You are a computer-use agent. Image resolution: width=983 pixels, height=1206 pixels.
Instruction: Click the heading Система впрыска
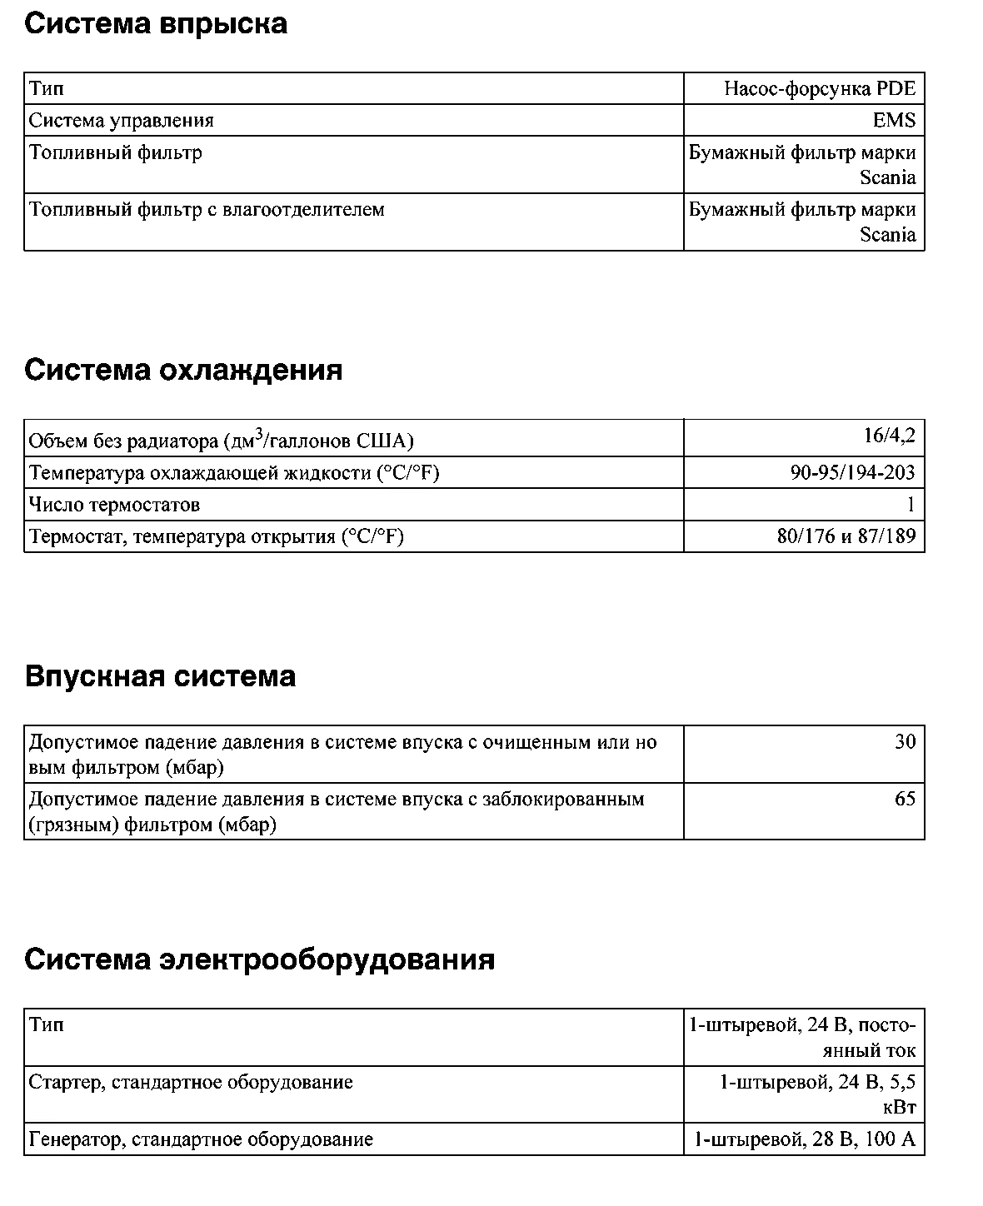click(156, 23)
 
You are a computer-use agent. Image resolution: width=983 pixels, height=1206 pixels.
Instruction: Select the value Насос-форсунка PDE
click(820, 89)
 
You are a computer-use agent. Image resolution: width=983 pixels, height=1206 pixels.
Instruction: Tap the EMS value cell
click(894, 121)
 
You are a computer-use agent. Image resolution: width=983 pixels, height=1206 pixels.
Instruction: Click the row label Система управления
click(122, 121)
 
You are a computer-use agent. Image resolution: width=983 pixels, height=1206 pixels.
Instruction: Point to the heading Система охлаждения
click(183, 370)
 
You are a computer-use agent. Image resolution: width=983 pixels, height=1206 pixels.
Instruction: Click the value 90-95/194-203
click(852, 473)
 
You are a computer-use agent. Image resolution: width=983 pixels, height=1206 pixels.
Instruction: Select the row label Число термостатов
click(115, 505)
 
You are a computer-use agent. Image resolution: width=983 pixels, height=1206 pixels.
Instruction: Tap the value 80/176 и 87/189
click(846, 536)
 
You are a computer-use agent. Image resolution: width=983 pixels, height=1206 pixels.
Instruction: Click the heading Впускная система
click(160, 675)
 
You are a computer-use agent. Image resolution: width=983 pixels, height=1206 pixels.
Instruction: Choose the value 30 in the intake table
click(905, 742)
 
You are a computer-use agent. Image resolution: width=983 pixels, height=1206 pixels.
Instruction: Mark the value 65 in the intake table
click(905, 800)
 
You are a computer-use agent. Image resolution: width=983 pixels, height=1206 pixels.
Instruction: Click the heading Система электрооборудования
click(259, 959)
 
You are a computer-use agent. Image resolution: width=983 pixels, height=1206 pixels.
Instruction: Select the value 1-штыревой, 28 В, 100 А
click(805, 1139)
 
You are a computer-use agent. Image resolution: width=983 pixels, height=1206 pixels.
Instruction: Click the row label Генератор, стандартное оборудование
click(201, 1139)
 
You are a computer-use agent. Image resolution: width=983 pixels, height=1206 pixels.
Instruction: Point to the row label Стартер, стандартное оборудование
click(191, 1083)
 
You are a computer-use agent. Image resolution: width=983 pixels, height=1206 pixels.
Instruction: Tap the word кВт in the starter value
click(899, 1108)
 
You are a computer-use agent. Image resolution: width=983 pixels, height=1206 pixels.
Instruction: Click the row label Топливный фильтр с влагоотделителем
click(207, 210)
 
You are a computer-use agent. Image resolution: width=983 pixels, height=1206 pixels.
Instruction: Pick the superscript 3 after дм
click(259, 433)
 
